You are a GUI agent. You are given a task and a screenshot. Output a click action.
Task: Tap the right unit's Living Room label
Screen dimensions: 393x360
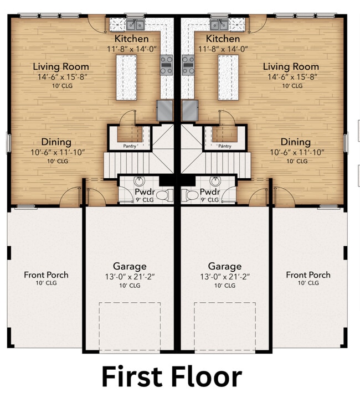coord(292,67)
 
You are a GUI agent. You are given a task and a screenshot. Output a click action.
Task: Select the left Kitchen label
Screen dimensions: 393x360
coord(131,39)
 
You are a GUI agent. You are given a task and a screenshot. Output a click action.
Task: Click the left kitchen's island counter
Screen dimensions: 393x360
coord(127,77)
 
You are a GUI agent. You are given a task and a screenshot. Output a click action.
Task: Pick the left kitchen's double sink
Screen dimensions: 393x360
coord(134,24)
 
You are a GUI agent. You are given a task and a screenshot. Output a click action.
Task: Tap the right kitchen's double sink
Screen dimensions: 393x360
coord(220,24)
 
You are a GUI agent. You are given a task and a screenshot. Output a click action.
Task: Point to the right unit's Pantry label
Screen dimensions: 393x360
coord(224,146)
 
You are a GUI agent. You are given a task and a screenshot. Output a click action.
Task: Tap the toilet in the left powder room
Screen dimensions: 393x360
coord(169,195)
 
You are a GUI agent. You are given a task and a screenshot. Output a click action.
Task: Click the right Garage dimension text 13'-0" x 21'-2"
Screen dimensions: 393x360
coord(224,276)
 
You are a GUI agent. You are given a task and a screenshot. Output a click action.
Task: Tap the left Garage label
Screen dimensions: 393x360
coord(130,266)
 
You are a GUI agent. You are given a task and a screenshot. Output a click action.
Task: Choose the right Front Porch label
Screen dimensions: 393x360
coord(308,275)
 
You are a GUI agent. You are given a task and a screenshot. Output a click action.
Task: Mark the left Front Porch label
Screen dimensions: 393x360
coord(46,275)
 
